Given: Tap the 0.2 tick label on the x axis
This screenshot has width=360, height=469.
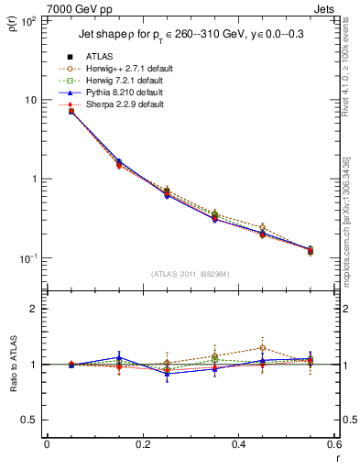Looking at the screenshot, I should (142, 444).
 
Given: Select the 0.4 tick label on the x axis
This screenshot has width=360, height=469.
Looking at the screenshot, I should (238, 444).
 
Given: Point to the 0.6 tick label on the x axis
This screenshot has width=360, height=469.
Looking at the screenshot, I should (334, 444).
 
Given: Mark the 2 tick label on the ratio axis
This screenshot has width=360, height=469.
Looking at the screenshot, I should (35, 309).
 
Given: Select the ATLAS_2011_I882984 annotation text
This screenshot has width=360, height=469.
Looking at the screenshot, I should (190, 274).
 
